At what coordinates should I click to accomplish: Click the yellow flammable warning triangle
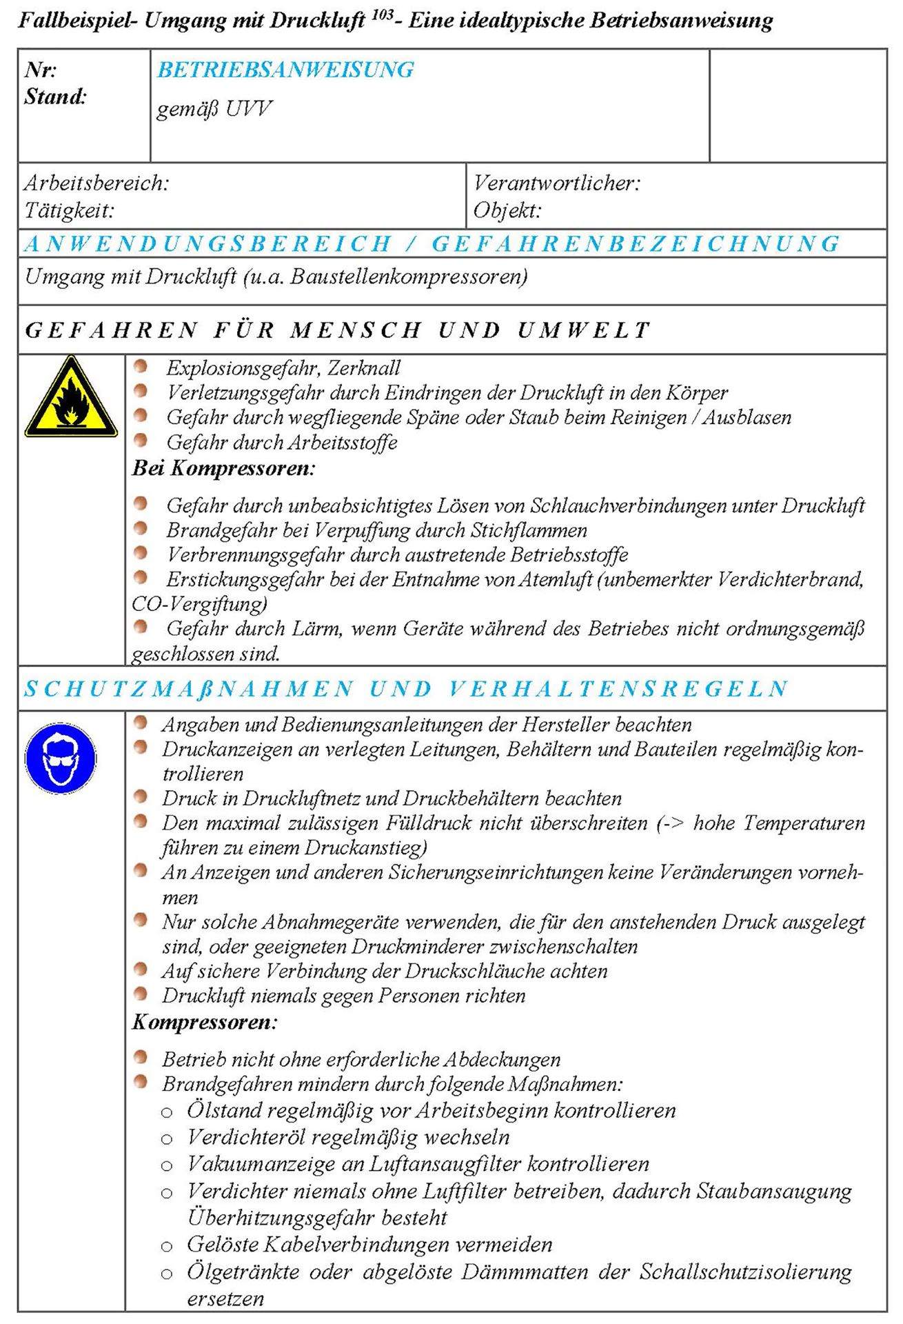coord(70,399)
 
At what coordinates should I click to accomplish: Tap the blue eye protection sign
coord(60,759)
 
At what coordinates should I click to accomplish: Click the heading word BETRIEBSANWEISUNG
coord(285,70)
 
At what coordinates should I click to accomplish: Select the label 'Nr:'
coord(41,70)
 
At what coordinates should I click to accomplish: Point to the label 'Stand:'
coord(55,97)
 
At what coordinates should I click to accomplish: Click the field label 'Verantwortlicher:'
coord(556,183)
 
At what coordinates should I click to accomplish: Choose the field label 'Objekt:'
coord(507,210)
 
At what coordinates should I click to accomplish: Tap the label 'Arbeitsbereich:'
coord(97,183)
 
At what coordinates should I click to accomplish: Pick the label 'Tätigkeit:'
coord(69,210)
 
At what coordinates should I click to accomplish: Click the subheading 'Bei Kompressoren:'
coord(223,468)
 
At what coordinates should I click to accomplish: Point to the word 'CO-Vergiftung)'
coord(199,604)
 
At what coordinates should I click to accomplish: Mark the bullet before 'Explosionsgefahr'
coord(141,366)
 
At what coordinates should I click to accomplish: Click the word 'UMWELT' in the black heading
coord(583,330)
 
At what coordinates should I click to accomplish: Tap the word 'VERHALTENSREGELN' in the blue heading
coord(618,689)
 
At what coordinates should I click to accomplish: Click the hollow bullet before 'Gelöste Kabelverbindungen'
coord(166,1246)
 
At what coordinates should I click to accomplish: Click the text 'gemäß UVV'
coord(214,109)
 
